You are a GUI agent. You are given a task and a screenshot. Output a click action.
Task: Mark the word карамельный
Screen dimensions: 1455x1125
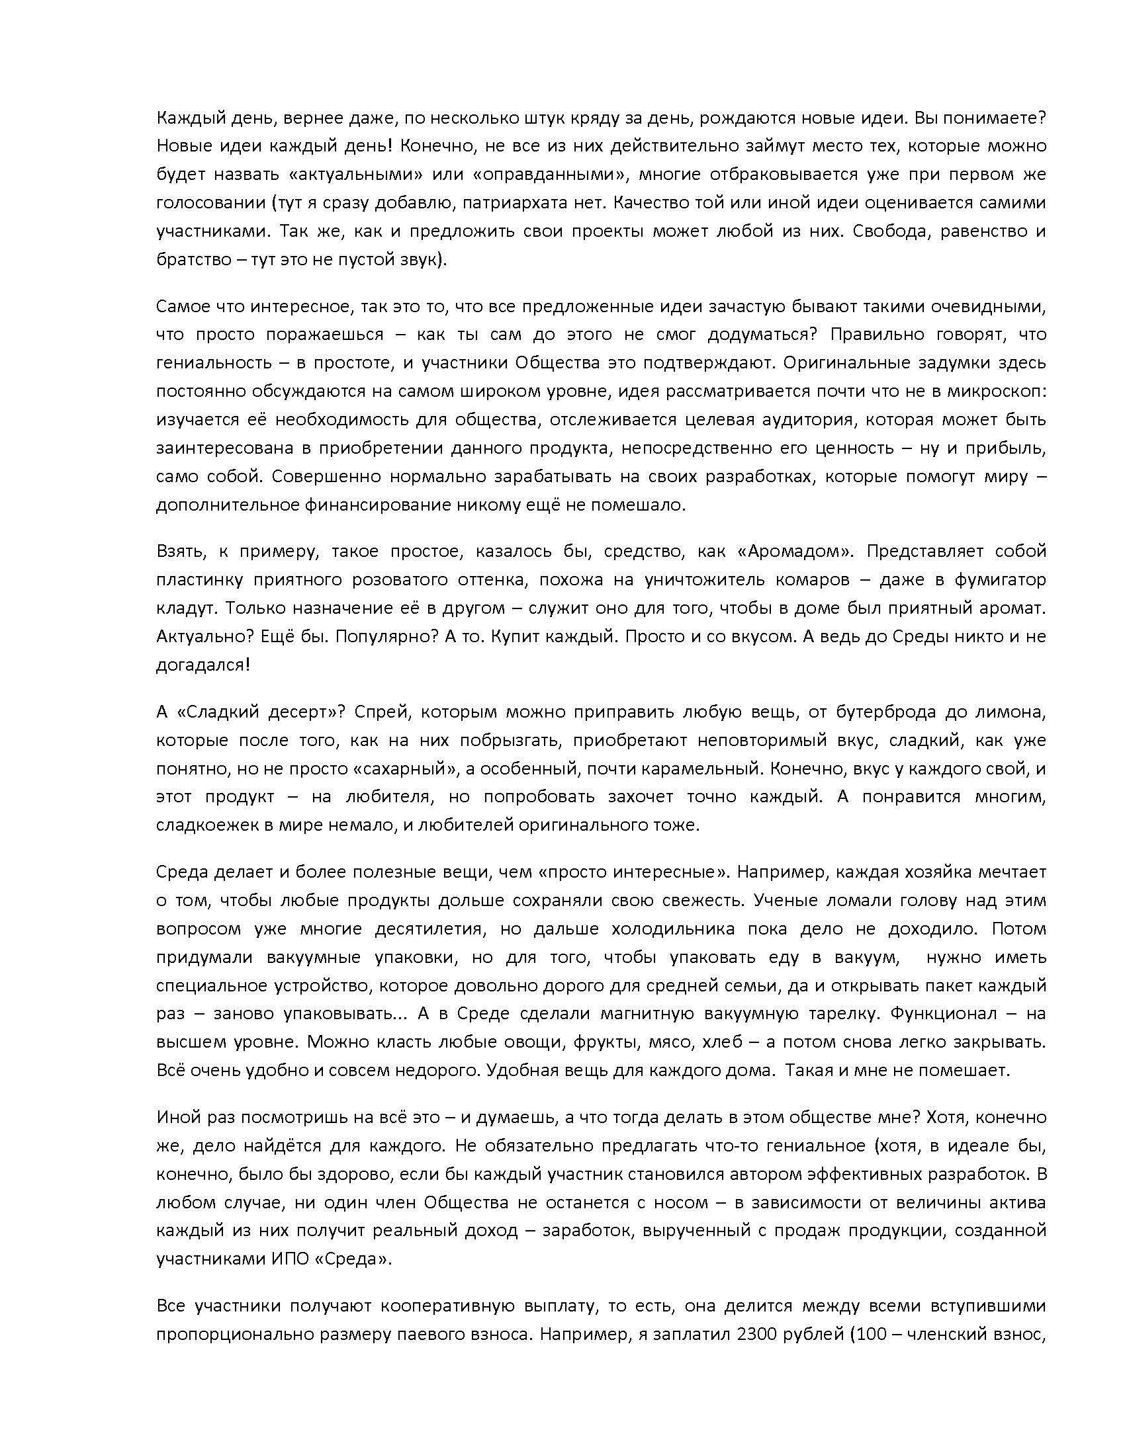pos(700,769)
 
